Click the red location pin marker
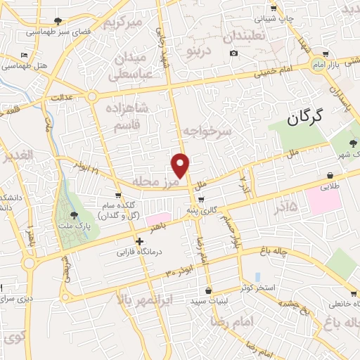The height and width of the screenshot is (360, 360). (x=181, y=166)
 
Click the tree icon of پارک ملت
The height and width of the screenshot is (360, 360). (x=74, y=216)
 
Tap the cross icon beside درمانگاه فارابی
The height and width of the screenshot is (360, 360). (x=140, y=240)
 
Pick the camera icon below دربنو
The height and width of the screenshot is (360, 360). (x=233, y=53)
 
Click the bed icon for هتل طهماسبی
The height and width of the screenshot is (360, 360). (x=25, y=56)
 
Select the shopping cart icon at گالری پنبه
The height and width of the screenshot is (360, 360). (x=202, y=200)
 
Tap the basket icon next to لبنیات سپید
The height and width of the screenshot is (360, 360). (x=208, y=290)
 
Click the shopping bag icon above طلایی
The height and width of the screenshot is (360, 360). (x=330, y=175)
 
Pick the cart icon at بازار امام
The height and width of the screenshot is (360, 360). (x=325, y=53)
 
